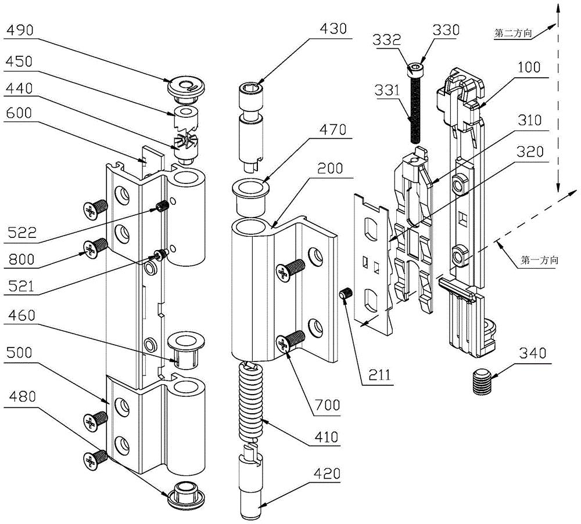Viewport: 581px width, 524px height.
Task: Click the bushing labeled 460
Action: pyautogui.click(x=185, y=348)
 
